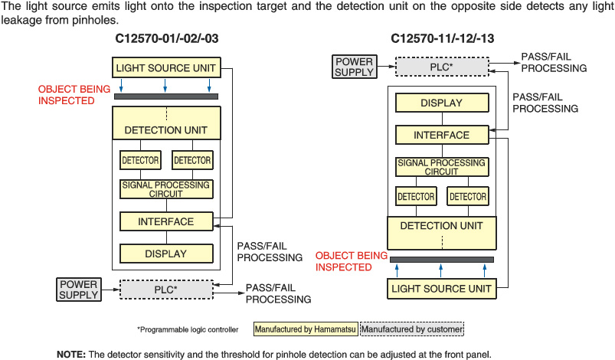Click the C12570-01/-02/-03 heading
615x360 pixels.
click(x=165, y=38)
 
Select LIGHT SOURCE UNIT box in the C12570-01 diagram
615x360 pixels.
click(x=165, y=68)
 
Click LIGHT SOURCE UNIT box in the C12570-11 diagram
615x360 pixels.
click(x=441, y=289)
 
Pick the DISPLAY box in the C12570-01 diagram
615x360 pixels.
click(x=165, y=254)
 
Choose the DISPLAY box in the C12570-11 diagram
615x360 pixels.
click(x=441, y=103)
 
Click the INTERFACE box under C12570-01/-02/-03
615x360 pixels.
click(x=165, y=221)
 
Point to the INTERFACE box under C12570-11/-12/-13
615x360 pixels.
click(x=441, y=135)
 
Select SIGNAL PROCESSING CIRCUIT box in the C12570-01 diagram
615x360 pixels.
click(x=165, y=189)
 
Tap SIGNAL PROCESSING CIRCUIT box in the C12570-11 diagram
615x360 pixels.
click(x=441, y=167)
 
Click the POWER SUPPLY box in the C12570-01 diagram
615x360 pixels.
click(x=78, y=290)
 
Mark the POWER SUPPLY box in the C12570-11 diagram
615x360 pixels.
click(x=354, y=67)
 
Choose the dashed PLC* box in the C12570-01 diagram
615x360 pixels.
click(x=165, y=290)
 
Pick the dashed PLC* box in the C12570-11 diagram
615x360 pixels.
click(x=441, y=67)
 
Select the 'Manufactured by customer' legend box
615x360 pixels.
click(x=412, y=329)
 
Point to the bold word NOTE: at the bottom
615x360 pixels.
click(x=71, y=354)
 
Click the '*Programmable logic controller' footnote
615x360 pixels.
click(x=188, y=329)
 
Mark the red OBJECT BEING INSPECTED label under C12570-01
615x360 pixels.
click(x=74, y=95)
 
